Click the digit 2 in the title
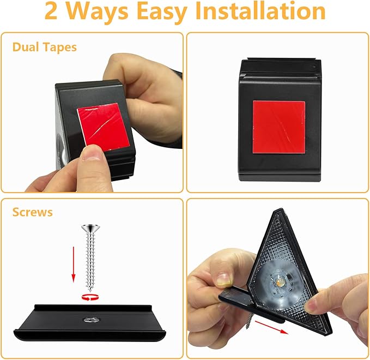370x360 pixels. tap(51, 11)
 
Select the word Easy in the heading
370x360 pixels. tap(162, 13)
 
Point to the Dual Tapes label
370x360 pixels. tap(44, 47)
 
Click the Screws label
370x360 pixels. tap(32, 212)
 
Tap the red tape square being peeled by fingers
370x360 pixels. tap(103, 127)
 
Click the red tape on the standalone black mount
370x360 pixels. tap(279, 127)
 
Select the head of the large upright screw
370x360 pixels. tap(90, 229)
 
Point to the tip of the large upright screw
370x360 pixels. tap(90, 291)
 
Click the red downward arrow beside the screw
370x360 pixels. tap(74, 265)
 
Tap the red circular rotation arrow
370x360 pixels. tap(90, 297)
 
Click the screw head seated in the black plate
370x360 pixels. tap(92, 320)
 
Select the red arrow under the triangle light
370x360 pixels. tap(271, 327)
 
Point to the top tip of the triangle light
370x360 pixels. tap(281, 209)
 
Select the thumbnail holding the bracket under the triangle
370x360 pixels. tap(223, 280)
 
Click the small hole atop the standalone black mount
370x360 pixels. tap(314, 67)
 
